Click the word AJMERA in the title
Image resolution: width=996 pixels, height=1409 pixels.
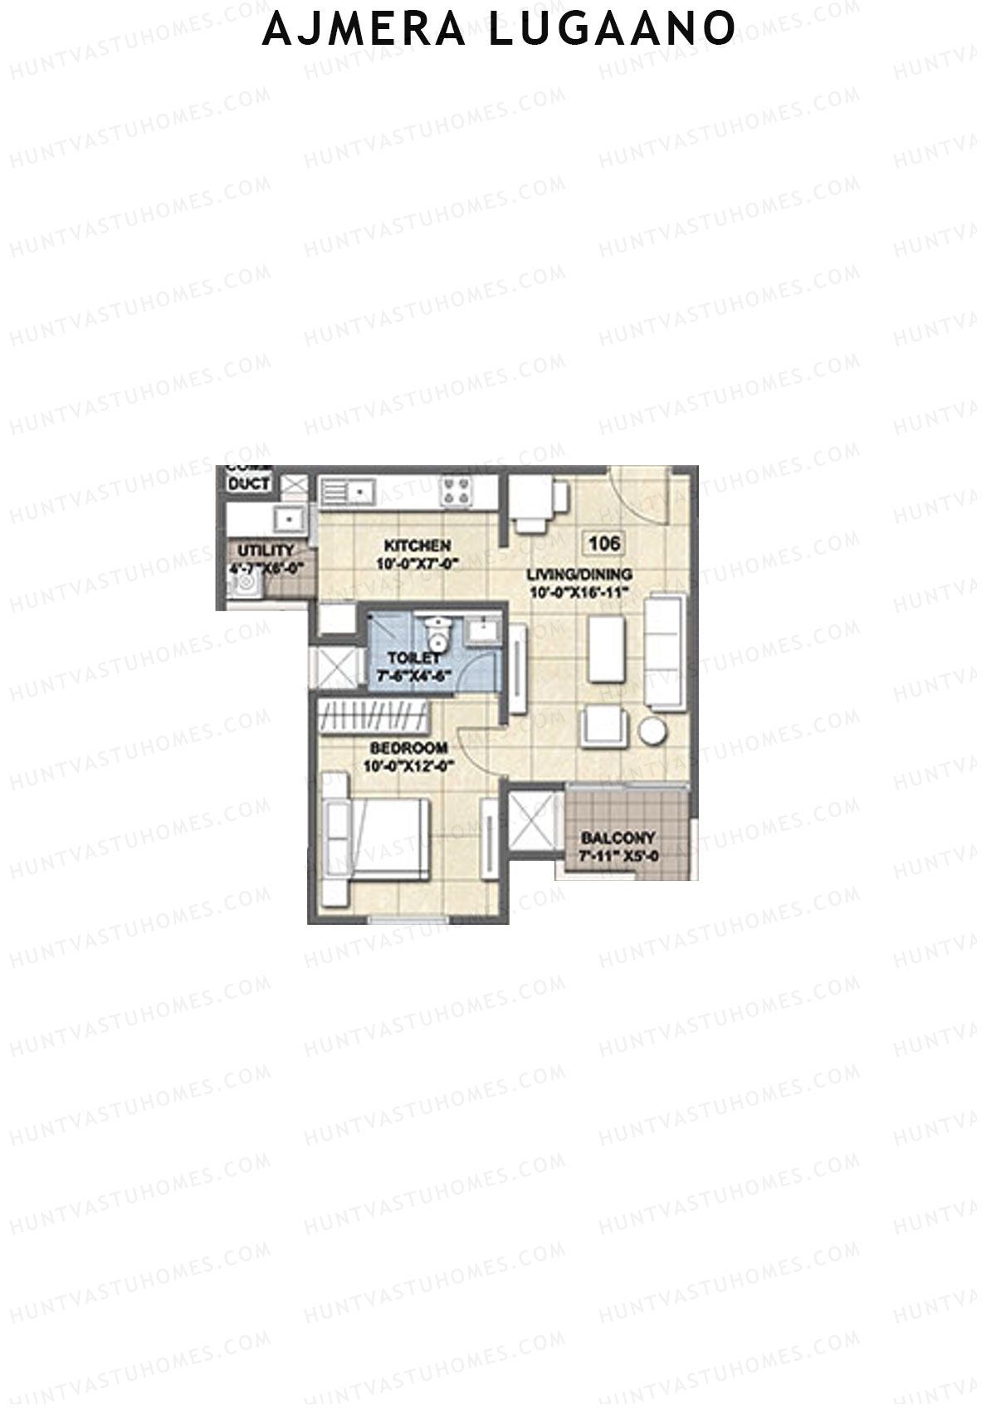364,28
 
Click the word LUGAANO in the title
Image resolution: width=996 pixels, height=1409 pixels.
611,28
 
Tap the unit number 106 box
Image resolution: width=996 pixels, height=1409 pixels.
603,544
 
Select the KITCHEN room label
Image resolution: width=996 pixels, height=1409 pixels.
417,545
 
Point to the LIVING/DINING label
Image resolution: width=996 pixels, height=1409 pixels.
580,575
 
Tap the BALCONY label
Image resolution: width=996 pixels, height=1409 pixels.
618,839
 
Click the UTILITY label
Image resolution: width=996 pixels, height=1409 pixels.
266,550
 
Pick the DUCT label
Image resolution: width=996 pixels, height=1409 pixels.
249,484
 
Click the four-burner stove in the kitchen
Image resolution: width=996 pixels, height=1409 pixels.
456,491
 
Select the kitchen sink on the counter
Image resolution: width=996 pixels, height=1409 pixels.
349,492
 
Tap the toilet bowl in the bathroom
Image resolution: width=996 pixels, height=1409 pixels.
435,635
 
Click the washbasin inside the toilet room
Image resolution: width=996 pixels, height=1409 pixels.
482,631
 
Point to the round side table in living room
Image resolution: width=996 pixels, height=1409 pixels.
652,731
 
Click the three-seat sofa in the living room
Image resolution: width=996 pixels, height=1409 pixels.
666,651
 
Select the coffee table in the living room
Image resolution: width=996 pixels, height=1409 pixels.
606,648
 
